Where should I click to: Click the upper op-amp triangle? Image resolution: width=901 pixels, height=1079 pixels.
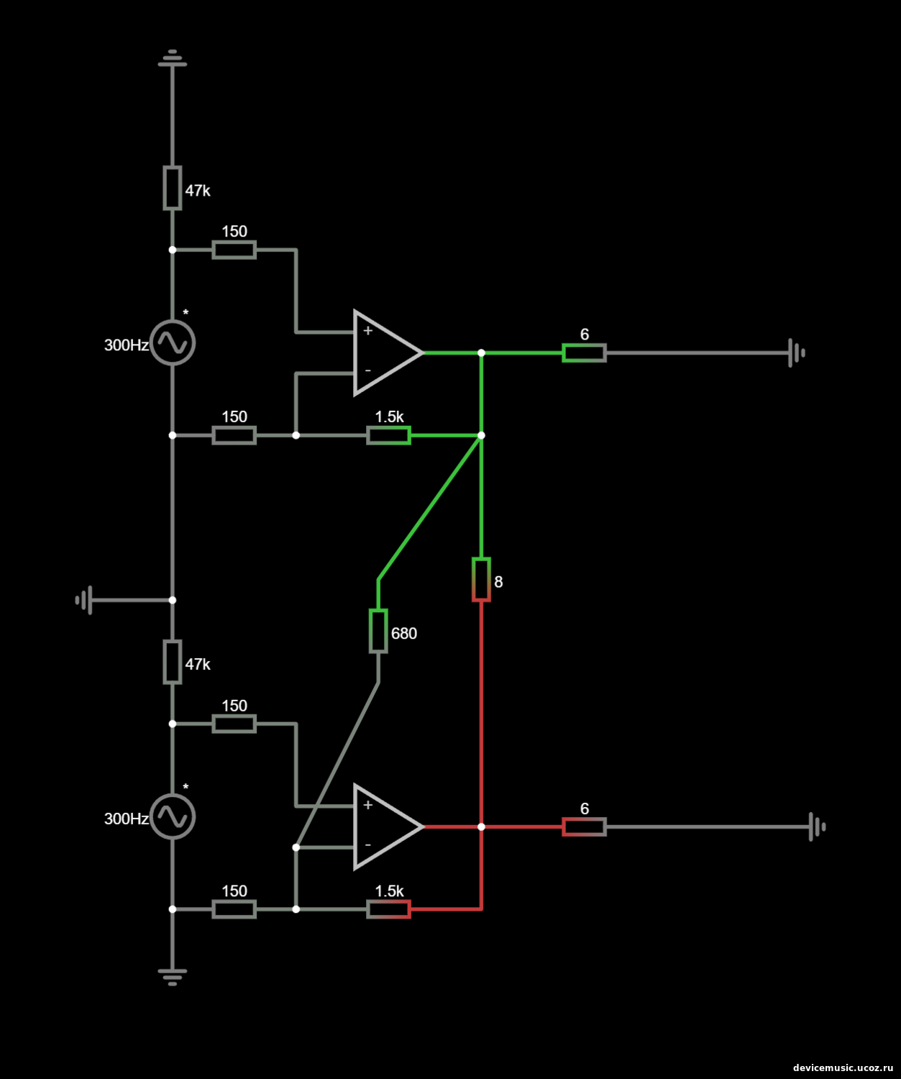(x=385, y=352)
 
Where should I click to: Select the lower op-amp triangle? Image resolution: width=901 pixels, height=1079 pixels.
(x=385, y=827)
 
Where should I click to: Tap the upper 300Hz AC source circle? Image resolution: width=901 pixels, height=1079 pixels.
(x=173, y=342)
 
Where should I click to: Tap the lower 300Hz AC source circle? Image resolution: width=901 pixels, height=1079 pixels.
(x=173, y=816)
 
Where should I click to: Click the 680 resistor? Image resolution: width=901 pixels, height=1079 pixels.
(x=378, y=631)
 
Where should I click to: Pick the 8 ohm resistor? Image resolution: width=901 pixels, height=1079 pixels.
(x=481, y=579)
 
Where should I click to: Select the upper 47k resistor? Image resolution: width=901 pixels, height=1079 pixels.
(x=173, y=188)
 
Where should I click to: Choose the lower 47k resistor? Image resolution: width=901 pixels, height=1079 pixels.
(x=173, y=662)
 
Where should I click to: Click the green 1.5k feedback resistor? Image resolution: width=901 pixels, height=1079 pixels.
(x=388, y=435)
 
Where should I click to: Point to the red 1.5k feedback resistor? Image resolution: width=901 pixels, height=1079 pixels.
(x=388, y=909)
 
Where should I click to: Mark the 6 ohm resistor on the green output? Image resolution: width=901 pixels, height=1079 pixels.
(x=584, y=352)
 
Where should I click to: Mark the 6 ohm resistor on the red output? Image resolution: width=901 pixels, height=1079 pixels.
(x=584, y=827)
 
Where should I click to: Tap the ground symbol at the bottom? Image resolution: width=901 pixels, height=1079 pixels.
(x=173, y=976)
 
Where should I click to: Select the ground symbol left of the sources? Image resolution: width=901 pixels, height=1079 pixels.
(x=85, y=600)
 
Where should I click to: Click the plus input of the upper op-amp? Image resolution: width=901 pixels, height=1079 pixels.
(x=367, y=331)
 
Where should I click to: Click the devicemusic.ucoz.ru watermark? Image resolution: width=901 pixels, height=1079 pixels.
(x=842, y=1068)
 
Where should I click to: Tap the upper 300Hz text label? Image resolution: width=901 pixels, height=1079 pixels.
(x=126, y=345)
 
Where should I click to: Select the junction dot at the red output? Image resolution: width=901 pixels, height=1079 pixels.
(x=481, y=827)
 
